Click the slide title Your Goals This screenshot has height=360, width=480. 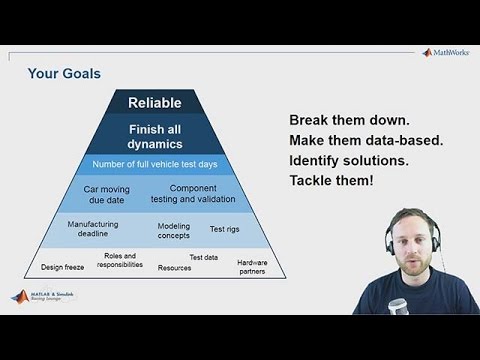(64, 73)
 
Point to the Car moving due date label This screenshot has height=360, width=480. (110, 193)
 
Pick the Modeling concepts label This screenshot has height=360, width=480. (173, 231)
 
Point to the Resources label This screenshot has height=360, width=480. (174, 268)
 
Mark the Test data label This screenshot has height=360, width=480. (204, 257)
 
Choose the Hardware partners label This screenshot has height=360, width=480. (252, 267)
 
